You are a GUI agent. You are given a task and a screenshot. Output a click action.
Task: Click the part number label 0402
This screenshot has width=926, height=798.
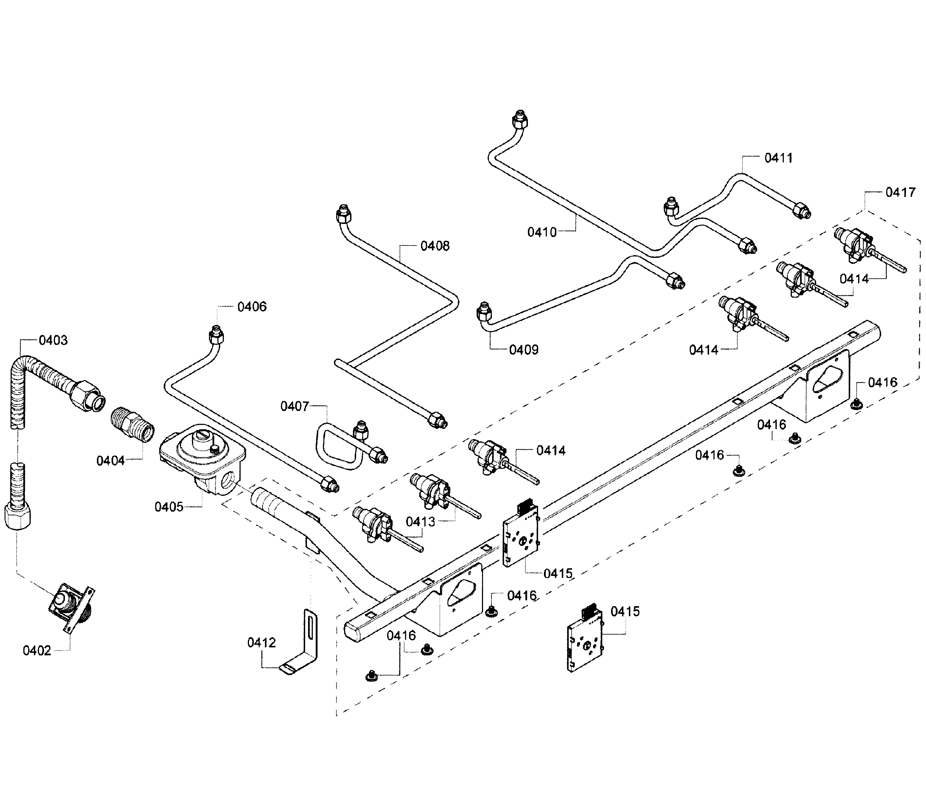[37, 650]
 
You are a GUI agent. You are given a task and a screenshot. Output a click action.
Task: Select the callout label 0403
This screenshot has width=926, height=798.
[53, 340]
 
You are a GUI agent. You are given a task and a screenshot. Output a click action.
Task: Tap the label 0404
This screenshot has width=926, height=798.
[111, 461]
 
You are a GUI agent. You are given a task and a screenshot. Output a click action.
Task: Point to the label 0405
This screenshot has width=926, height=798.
[169, 507]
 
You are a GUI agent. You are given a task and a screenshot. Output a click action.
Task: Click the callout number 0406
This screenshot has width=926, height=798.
[252, 307]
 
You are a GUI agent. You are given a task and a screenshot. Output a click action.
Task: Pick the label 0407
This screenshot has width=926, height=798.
[295, 406]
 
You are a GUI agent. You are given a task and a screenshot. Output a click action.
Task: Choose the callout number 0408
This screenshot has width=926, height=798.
[435, 246]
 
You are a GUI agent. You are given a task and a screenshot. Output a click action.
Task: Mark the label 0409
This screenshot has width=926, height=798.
[524, 350]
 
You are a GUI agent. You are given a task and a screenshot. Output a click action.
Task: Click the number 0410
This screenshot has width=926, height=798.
[542, 232]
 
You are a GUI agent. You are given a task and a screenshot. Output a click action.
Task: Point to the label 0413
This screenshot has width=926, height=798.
[421, 522]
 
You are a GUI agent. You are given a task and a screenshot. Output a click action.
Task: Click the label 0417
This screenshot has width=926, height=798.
[900, 192]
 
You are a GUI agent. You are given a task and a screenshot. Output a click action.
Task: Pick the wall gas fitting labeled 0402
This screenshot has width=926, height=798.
[71, 608]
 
